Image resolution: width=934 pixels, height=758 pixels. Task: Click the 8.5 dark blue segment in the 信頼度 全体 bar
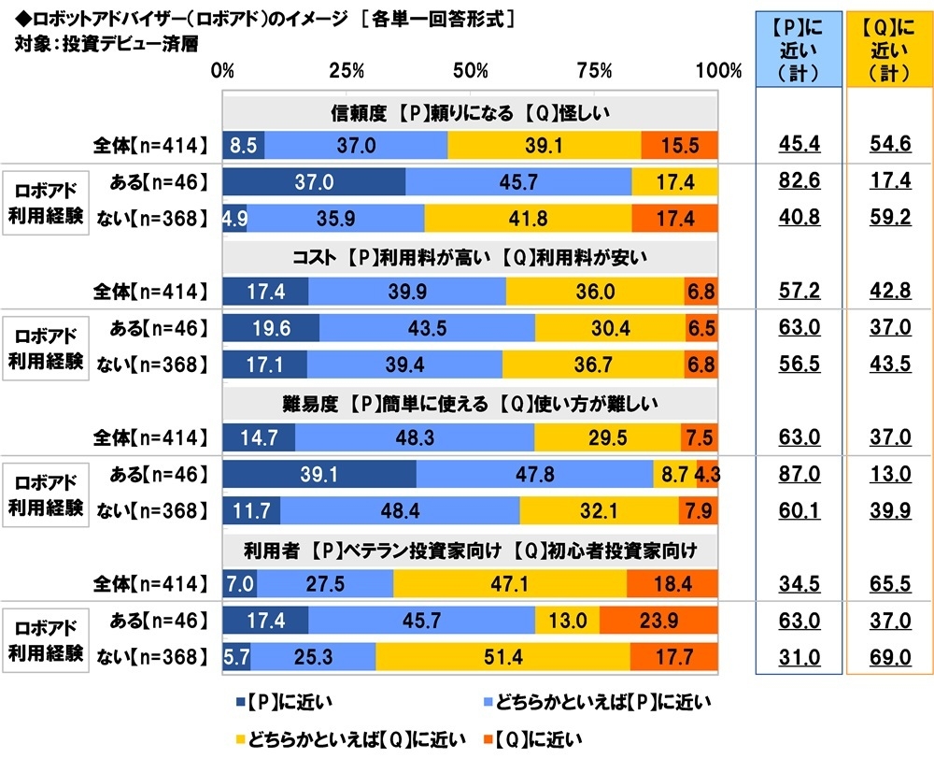tap(243, 145)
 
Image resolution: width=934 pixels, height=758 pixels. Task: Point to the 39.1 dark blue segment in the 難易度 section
tap(318, 474)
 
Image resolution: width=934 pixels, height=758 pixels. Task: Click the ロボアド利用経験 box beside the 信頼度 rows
tap(47, 199)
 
